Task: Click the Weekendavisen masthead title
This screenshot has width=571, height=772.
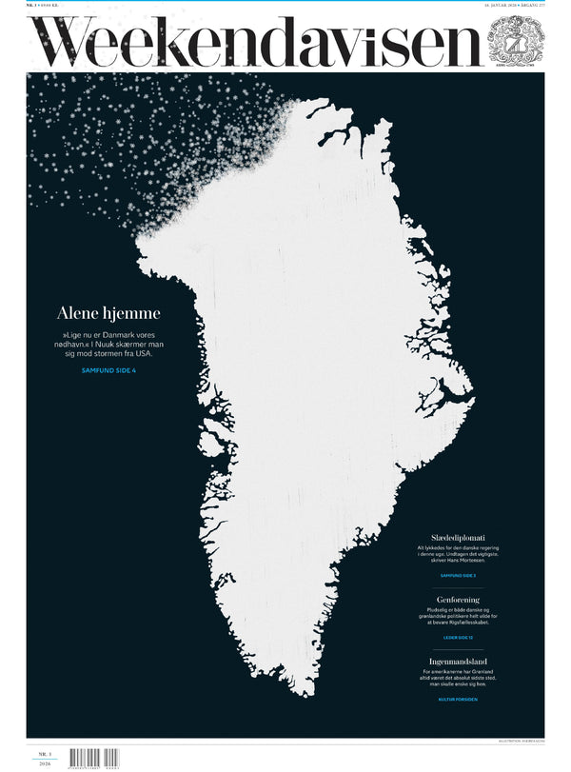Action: [x=257, y=42]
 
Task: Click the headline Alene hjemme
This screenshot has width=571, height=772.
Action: [x=108, y=313]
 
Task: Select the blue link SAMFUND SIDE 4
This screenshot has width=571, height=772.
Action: [x=108, y=369]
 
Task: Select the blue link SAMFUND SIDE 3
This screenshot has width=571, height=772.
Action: [x=459, y=576]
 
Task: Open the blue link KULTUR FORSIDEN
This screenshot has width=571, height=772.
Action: [x=459, y=699]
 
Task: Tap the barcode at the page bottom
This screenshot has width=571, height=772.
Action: [x=94, y=760]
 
